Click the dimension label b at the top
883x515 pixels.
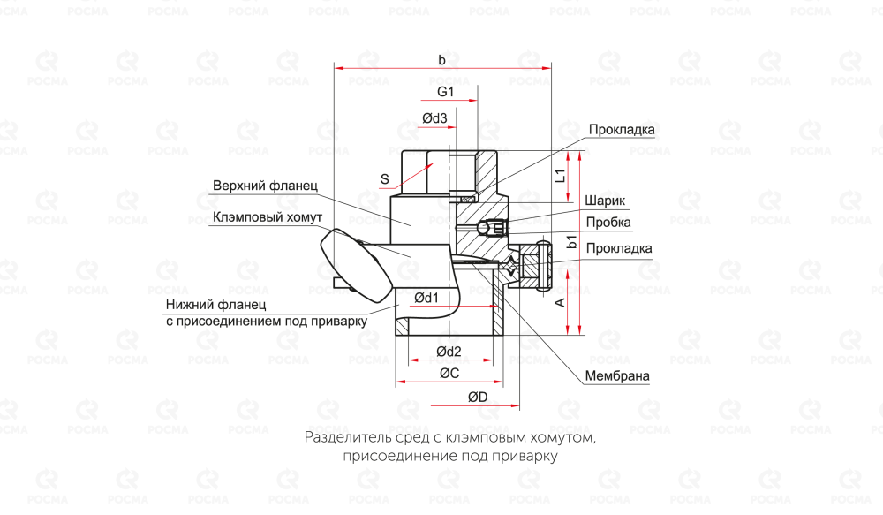[441, 60]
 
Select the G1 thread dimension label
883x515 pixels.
[445, 92]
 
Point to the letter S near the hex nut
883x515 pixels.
[385, 178]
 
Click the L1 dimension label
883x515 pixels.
[559, 175]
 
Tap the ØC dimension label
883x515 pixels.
[449, 374]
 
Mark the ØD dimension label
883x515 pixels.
[478, 398]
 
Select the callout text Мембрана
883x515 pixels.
[617, 376]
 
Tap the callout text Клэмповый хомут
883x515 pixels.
[268, 216]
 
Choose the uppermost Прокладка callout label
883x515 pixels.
[622, 130]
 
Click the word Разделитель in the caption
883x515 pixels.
[347, 437]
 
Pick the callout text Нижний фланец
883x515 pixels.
[208, 305]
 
